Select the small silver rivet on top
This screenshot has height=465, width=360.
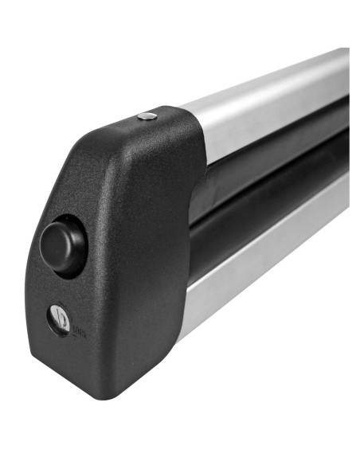tap(147, 117)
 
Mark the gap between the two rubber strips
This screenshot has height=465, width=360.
tap(271, 185)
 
